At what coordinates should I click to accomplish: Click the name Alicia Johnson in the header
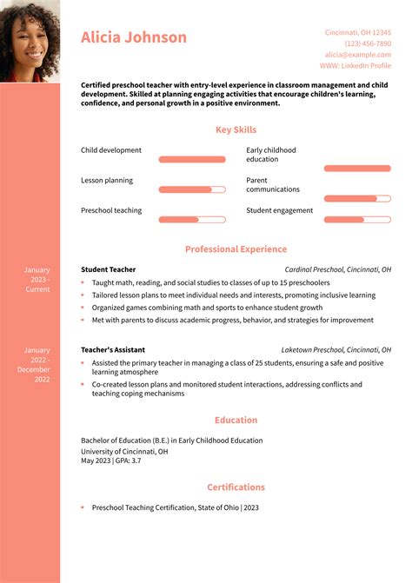coord(134,37)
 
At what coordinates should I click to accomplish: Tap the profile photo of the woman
coord(30,40)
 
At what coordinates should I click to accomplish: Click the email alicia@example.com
coord(358,54)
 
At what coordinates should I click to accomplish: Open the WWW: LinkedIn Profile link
coord(355,65)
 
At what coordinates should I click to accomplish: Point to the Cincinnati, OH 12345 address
coord(357,32)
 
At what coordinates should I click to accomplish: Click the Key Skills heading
coord(236,129)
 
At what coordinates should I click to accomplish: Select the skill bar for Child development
coord(192,159)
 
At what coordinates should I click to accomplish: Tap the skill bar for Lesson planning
coord(192,189)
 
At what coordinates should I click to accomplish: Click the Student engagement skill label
coord(279,210)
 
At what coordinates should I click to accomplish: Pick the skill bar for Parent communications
coord(357,198)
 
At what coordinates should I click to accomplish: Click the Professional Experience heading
coord(236,249)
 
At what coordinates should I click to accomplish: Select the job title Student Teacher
coord(108,269)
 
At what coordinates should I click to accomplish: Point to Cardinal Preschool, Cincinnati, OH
coord(337,269)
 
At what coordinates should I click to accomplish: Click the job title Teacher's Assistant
coord(114,349)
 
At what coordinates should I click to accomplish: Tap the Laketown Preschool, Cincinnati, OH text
coord(336,349)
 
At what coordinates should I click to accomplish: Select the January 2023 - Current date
coord(37,279)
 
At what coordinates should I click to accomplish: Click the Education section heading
coord(236,420)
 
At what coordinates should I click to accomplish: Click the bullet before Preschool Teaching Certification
coord(83,507)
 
